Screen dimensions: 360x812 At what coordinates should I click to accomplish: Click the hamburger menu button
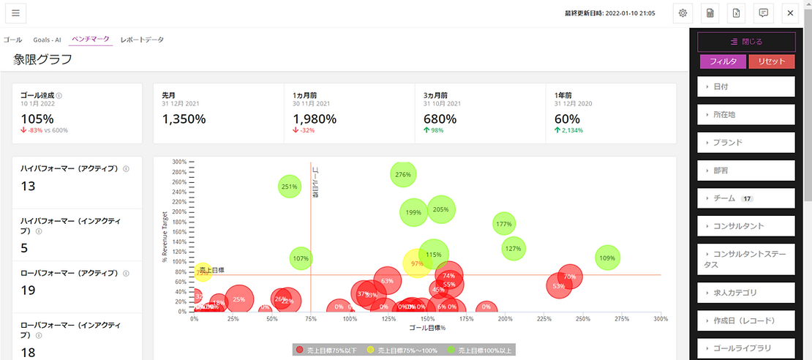click(15, 13)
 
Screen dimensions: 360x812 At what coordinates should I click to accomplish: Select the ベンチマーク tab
click(91, 40)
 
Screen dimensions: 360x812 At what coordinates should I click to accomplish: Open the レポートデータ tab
click(142, 40)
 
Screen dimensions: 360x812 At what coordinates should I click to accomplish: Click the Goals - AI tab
click(46, 40)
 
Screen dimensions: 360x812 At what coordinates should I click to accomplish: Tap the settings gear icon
click(683, 13)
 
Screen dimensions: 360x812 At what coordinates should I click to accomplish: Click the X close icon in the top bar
click(789, 13)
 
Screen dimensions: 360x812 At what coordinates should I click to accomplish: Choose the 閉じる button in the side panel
click(746, 42)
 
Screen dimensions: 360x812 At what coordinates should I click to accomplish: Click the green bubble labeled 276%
click(403, 175)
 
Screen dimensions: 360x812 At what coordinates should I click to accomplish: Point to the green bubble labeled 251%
click(290, 187)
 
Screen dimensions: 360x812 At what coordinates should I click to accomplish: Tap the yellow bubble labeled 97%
click(418, 263)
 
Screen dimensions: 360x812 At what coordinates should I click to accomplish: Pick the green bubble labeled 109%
click(607, 258)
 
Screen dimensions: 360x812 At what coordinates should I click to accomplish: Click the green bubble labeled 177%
click(503, 224)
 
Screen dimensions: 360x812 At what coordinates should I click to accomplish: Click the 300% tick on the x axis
click(660, 319)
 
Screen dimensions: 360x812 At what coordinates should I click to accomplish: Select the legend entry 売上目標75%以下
click(326, 350)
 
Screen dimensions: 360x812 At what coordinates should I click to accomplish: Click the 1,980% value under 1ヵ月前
click(315, 119)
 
